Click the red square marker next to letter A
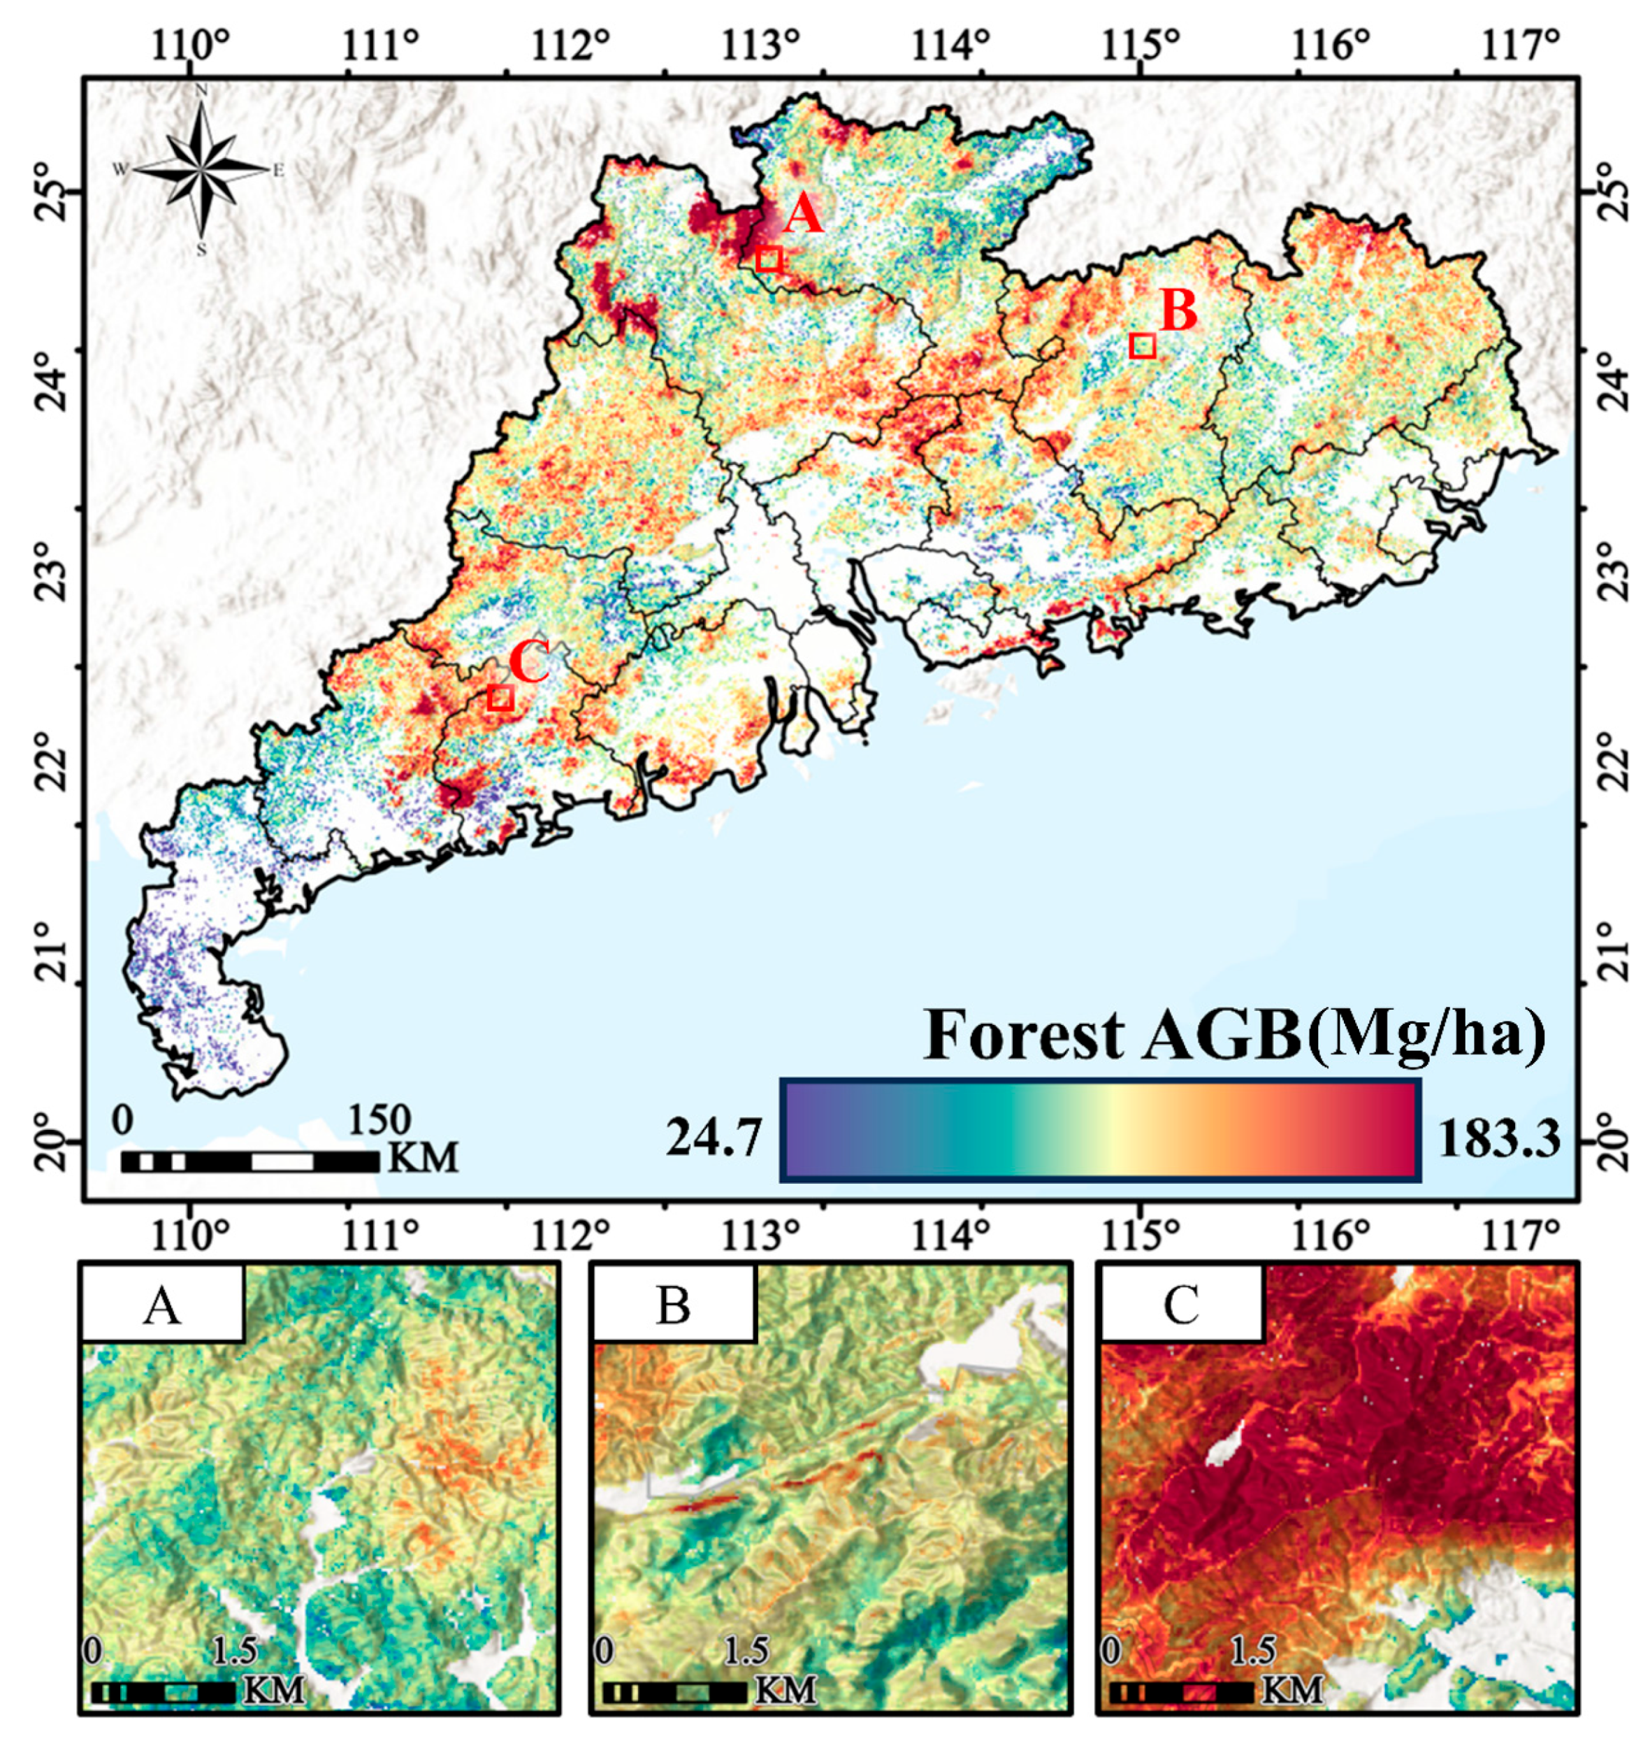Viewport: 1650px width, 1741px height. coord(769,259)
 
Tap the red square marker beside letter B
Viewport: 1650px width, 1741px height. coord(1142,345)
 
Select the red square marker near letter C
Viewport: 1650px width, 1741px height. coord(500,698)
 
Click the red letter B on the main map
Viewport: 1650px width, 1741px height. coord(1178,310)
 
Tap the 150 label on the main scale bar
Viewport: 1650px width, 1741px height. coord(379,1120)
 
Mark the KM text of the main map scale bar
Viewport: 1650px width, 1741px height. coord(422,1159)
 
